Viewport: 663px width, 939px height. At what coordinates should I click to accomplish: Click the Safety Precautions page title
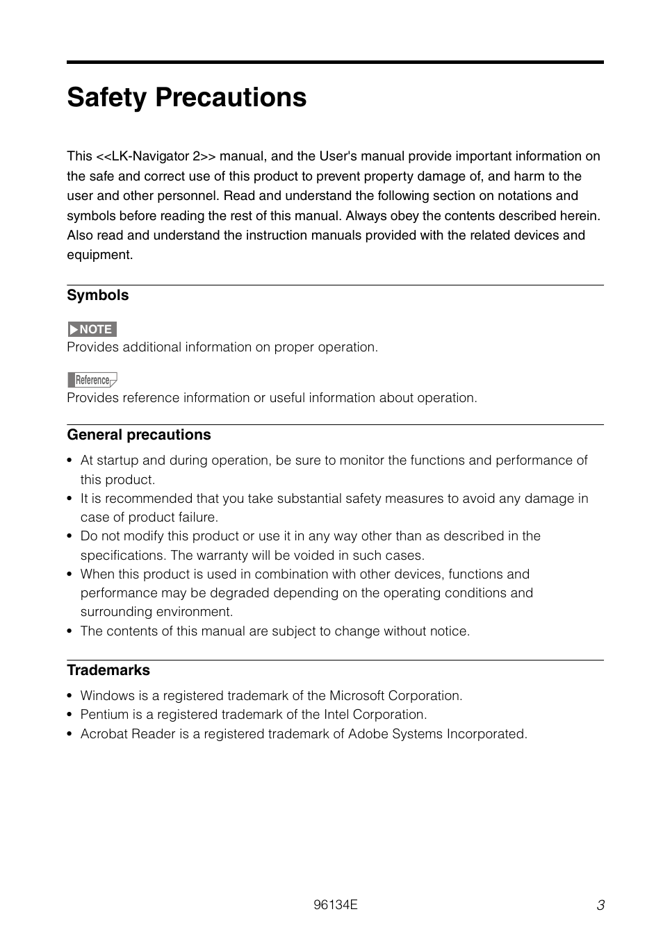tap(186, 97)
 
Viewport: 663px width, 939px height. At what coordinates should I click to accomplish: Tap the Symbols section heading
tap(97, 295)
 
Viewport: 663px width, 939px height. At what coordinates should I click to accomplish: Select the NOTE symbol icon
tap(92, 329)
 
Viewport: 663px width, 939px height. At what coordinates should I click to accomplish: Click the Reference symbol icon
tap(92, 380)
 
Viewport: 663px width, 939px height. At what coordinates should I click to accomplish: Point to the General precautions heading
tap(138, 435)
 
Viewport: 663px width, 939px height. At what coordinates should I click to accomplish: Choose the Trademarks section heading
tap(108, 670)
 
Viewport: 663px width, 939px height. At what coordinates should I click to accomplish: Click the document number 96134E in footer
tap(335, 904)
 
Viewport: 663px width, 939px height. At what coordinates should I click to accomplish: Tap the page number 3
tap(600, 905)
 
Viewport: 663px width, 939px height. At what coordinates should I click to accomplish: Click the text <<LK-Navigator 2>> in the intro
tap(156, 156)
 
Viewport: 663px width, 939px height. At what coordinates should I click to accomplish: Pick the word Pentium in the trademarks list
tap(104, 715)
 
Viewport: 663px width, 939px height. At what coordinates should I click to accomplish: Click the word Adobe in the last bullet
tap(368, 734)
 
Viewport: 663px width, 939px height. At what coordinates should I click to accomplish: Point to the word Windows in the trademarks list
tap(107, 696)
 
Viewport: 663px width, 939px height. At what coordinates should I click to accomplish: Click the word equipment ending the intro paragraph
tap(99, 255)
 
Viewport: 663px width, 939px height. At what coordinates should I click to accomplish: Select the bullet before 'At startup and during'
tap(69, 460)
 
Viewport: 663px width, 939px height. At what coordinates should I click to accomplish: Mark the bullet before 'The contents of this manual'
tap(69, 631)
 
